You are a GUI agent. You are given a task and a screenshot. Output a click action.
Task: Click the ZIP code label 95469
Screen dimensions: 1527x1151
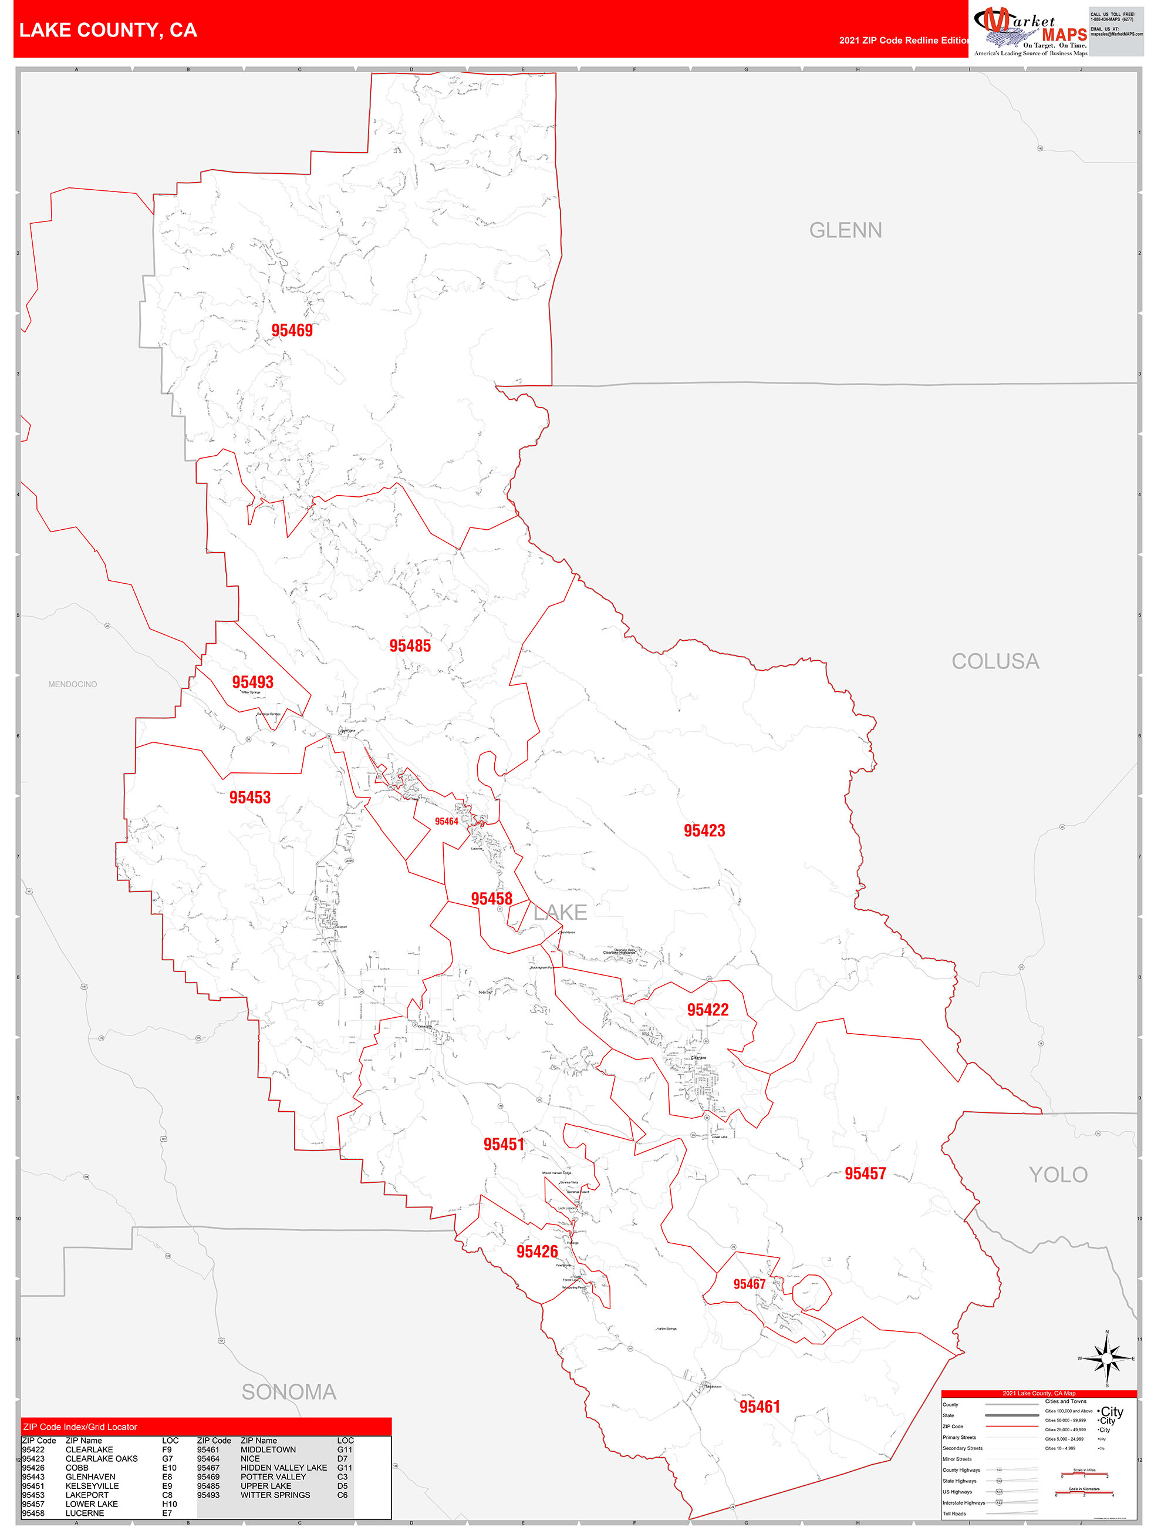click(x=292, y=331)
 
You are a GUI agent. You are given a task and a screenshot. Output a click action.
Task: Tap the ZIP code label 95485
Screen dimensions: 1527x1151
click(x=410, y=646)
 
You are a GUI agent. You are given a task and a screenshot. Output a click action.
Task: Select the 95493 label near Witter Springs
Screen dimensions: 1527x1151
click(x=252, y=682)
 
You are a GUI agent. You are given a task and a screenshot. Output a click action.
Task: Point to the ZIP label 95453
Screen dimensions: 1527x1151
click(x=250, y=798)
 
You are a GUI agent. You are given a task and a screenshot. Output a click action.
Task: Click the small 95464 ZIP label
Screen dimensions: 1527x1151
click(x=447, y=822)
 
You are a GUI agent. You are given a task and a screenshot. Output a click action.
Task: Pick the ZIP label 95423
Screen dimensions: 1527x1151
click(x=704, y=831)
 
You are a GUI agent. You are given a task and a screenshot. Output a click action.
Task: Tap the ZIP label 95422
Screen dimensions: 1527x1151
click(x=707, y=1011)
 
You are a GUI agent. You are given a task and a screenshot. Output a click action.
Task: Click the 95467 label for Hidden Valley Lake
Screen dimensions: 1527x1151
click(x=749, y=1284)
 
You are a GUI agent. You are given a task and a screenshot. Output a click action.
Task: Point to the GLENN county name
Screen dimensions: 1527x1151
click(x=845, y=231)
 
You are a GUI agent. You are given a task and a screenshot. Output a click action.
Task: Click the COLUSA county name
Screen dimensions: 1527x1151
click(x=994, y=662)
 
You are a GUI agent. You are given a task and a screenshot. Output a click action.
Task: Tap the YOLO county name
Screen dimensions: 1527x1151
click(x=1057, y=1175)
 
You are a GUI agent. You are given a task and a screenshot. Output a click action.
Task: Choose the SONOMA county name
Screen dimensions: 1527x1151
click(x=288, y=1393)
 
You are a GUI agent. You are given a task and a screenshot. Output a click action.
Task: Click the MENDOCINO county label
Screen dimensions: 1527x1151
click(x=72, y=685)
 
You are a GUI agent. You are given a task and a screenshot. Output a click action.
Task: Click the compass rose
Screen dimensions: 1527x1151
click(x=1107, y=1358)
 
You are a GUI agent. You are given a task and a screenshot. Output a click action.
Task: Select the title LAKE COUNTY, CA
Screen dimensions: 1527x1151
click(x=109, y=31)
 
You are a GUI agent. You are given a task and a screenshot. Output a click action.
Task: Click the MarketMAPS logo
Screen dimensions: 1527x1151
click(x=1030, y=31)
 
